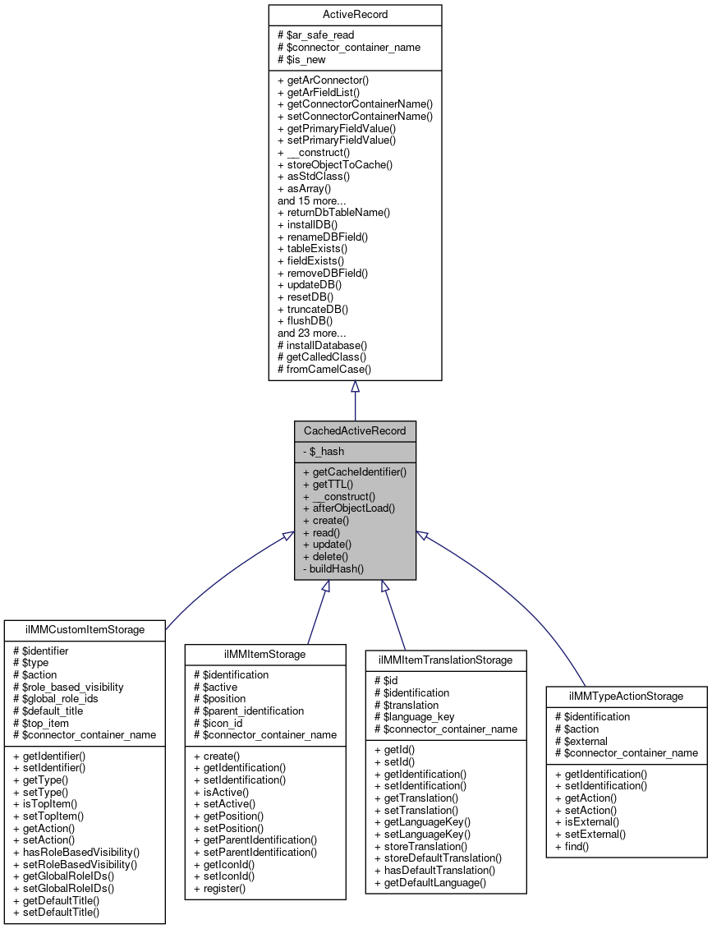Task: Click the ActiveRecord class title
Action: pos(355,15)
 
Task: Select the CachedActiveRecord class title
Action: pos(355,430)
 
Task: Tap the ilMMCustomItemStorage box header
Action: pos(85,630)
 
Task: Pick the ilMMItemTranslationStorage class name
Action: pos(445,660)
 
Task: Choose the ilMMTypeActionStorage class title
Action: pos(626,696)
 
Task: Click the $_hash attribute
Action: pos(324,451)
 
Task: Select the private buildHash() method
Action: pos(333,568)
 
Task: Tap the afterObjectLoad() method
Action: pos(349,508)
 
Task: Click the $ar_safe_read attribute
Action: pos(316,35)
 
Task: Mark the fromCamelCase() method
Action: pos(324,370)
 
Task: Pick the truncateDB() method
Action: pos(313,310)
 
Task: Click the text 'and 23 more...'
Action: pos(311,333)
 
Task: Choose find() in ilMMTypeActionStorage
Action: pos(572,846)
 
